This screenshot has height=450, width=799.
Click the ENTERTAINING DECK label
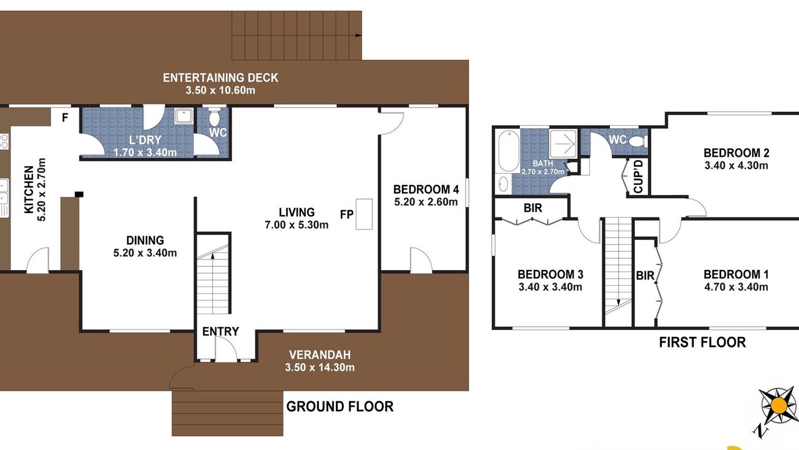click(220, 77)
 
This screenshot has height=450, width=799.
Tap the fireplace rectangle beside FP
click(364, 214)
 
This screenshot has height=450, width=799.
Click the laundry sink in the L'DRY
click(184, 116)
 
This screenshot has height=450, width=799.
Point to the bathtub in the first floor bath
click(509, 151)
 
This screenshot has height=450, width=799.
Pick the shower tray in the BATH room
click(563, 144)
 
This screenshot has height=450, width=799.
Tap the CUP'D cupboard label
click(638, 176)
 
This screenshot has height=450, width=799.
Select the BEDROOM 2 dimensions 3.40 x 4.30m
click(736, 166)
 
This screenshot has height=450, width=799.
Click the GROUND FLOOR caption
click(340, 406)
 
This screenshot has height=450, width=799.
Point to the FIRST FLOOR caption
click(702, 342)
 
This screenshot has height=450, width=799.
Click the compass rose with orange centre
click(778, 406)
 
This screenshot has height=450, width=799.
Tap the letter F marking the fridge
click(65, 117)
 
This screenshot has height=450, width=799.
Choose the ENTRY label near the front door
click(220, 331)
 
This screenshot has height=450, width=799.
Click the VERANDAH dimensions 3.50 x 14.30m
click(320, 367)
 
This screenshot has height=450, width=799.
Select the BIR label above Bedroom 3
click(533, 208)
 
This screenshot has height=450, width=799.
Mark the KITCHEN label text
click(29, 189)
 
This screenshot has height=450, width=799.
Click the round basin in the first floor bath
click(503, 184)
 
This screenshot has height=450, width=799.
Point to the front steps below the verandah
click(227, 413)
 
